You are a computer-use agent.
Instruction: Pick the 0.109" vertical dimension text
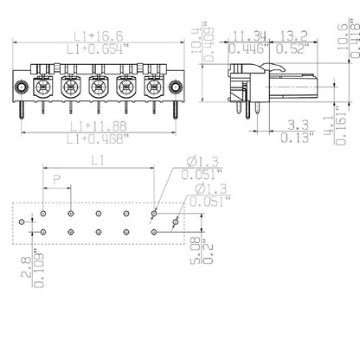point(35,268)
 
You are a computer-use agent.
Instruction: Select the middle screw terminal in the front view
point(98,87)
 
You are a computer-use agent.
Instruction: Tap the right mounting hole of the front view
point(176,87)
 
